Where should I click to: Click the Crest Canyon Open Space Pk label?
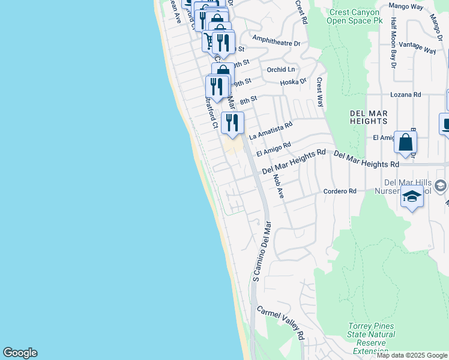click(354, 16)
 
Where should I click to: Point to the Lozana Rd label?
click(406, 95)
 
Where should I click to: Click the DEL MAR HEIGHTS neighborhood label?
click(369, 118)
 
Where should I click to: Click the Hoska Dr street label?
click(295, 80)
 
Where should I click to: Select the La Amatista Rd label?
click(271, 130)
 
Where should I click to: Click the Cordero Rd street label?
click(340, 191)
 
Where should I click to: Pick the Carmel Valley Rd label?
click(281, 325)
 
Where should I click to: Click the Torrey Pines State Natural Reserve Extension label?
click(371, 338)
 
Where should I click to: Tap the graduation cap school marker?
click(412, 197)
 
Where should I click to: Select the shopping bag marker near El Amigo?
click(405, 143)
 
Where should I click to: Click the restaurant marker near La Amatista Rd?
click(232, 123)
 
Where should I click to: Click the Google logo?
click(20, 353)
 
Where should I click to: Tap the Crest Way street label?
click(320, 91)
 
